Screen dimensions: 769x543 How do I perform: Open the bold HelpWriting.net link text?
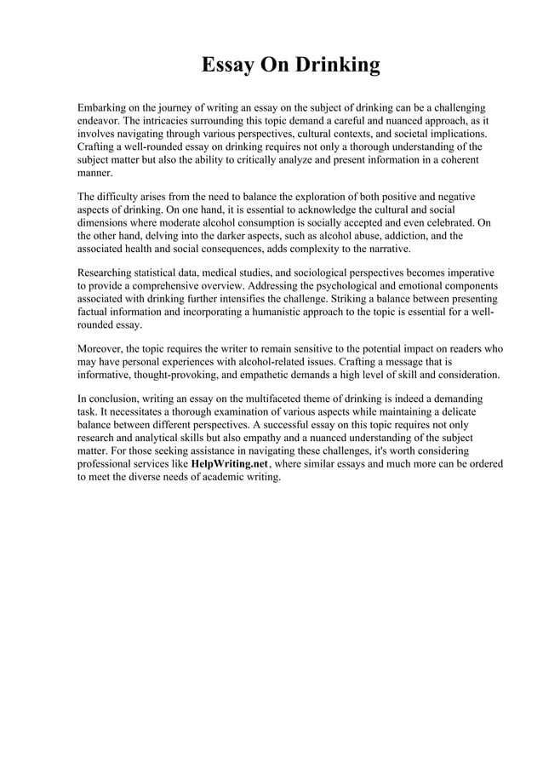pyautogui.click(x=230, y=464)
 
